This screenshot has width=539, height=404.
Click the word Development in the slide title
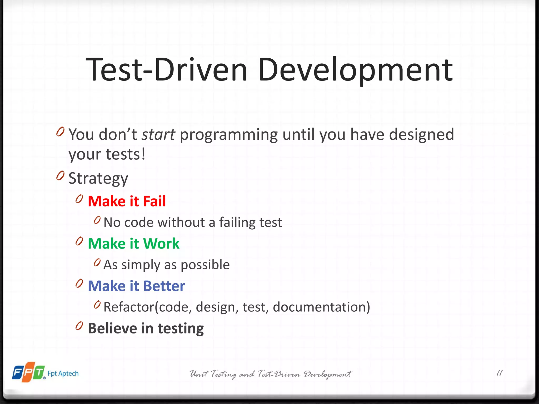pyautogui.click(x=355, y=70)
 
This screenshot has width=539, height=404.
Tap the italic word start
pyautogui.click(x=158, y=134)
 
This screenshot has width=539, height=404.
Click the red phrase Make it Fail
pyautogui.click(x=127, y=201)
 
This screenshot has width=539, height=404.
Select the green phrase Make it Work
pyautogui.click(x=133, y=244)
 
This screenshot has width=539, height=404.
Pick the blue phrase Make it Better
pyautogui.click(x=136, y=286)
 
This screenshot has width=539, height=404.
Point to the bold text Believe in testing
pyautogui.click(x=146, y=328)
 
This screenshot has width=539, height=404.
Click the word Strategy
pyautogui.click(x=98, y=179)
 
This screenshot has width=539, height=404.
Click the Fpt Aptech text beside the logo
pyautogui.click(x=63, y=373)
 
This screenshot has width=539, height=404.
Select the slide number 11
pyautogui.click(x=499, y=373)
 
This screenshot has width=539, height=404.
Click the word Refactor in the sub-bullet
pyautogui.click(x=129, y=307)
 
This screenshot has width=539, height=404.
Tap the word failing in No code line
pyautogui.click(x=237, y=223)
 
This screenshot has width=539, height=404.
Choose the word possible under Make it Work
pyautogui.click(x=205, y=265)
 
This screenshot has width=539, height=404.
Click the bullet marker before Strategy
pyautogui.click(x=60, y=175)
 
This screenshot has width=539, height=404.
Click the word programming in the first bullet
pyautogui.click(x=228, y=134)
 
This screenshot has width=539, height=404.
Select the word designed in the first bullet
pyautogui.click(x=421, y=134)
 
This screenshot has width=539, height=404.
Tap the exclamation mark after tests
pyautogui.click(x=143, y=154)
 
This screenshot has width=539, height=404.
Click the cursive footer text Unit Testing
pyautogui.click(x=213, y=374)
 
